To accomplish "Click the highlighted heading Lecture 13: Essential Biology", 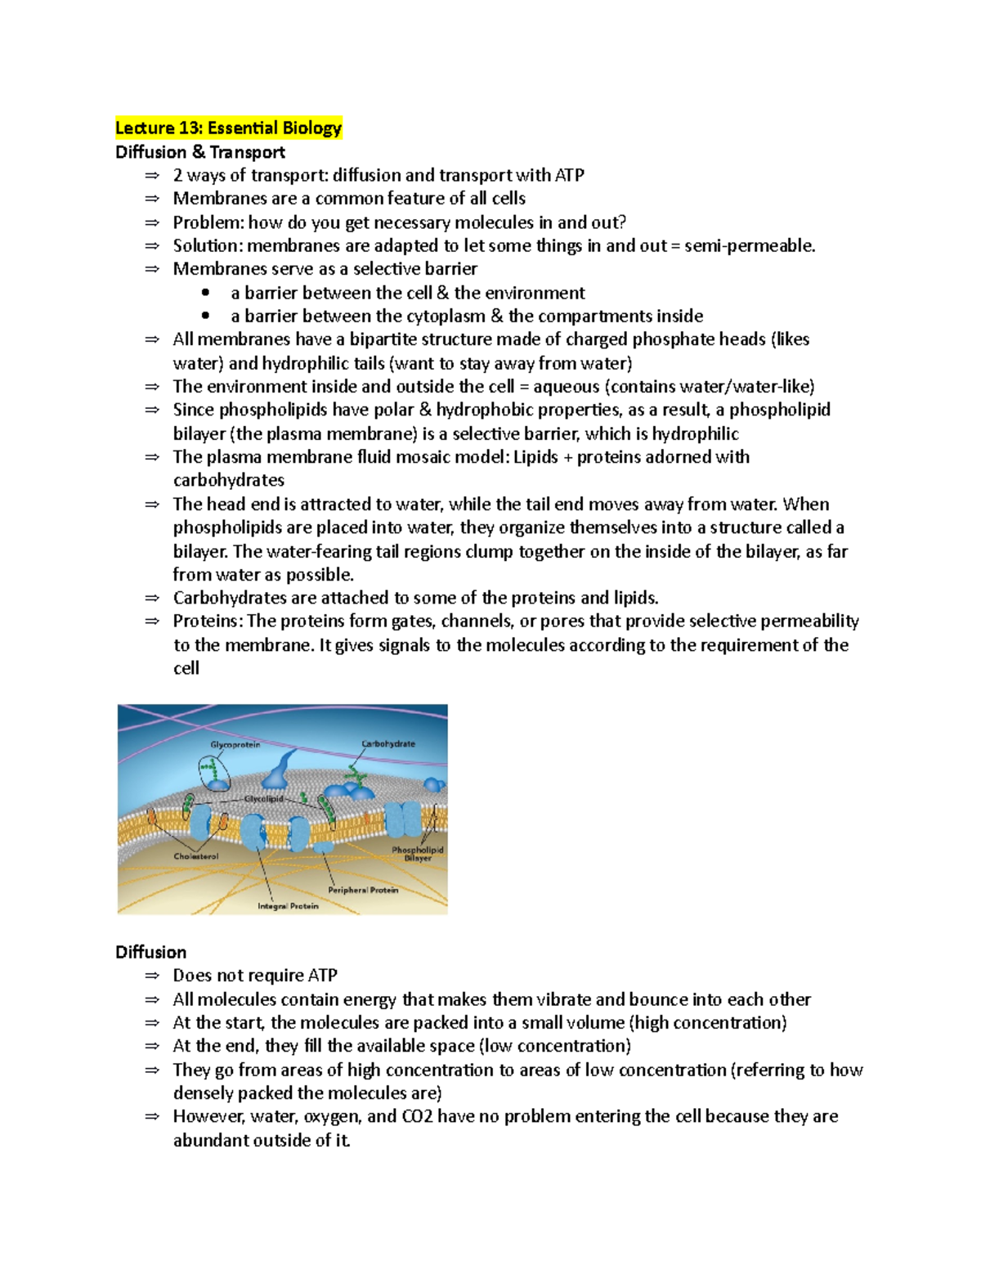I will pyautogui.click(x=228, y=128).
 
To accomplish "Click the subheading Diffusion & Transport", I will pyautogui.click(x=200, y=152).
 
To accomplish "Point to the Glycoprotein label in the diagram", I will pyautogui.click(x=235, y=745).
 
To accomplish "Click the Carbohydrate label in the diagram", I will pyautogui.click(x=388, y=744).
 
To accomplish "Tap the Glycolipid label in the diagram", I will pyautogui.click(x=263, y=799).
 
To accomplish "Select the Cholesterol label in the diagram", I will pyautogui.click(x=196, y=856).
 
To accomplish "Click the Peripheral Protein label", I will pyautogui.click(x=363, y=890).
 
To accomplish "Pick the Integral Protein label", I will pyautogui.click(x=288, y=906).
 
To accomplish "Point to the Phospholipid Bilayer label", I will pyautogui.click(x=418, y=854).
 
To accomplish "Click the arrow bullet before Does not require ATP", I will pyautogui.click(x=151, y=976).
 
